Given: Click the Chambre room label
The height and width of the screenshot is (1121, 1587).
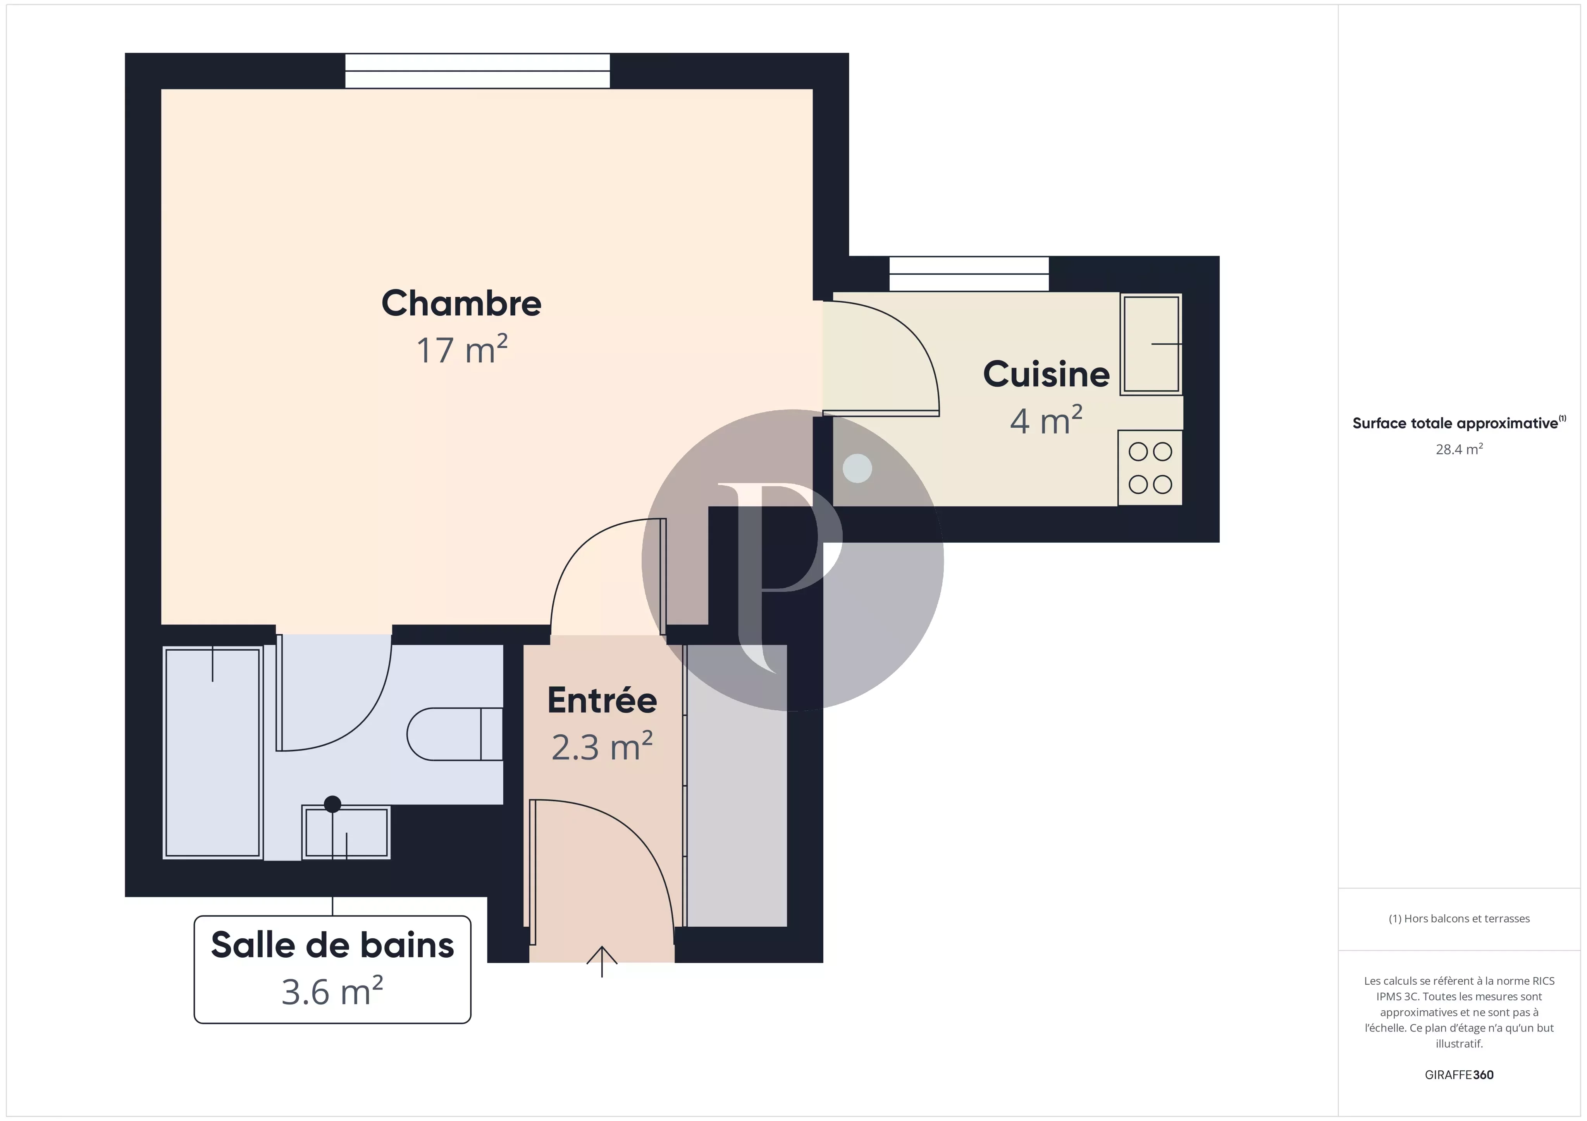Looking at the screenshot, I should point(461,304).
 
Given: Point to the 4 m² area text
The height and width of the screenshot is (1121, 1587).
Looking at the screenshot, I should point(1046,421).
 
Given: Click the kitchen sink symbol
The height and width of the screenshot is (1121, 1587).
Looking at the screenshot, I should point(1150,344).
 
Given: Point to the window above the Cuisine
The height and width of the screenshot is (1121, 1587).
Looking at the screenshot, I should point(968,274).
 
